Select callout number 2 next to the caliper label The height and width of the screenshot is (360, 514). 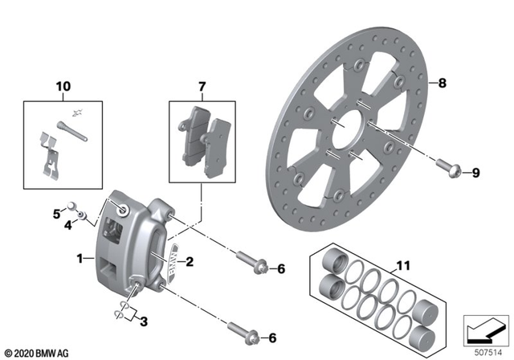pos(190,261)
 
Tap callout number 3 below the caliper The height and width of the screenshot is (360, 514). pos(144,321)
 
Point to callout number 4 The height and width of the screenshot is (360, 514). pos(68,227)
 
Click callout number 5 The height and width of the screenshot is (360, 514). pos(56,214)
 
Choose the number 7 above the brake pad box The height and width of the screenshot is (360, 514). pos(202,86)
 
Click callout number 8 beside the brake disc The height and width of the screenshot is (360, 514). pos(440,82)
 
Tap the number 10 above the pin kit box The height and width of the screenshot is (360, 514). pos(63,86)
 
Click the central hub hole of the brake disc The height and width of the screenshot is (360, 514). pos(347,124)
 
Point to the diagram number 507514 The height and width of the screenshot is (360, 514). pos(486,351)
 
